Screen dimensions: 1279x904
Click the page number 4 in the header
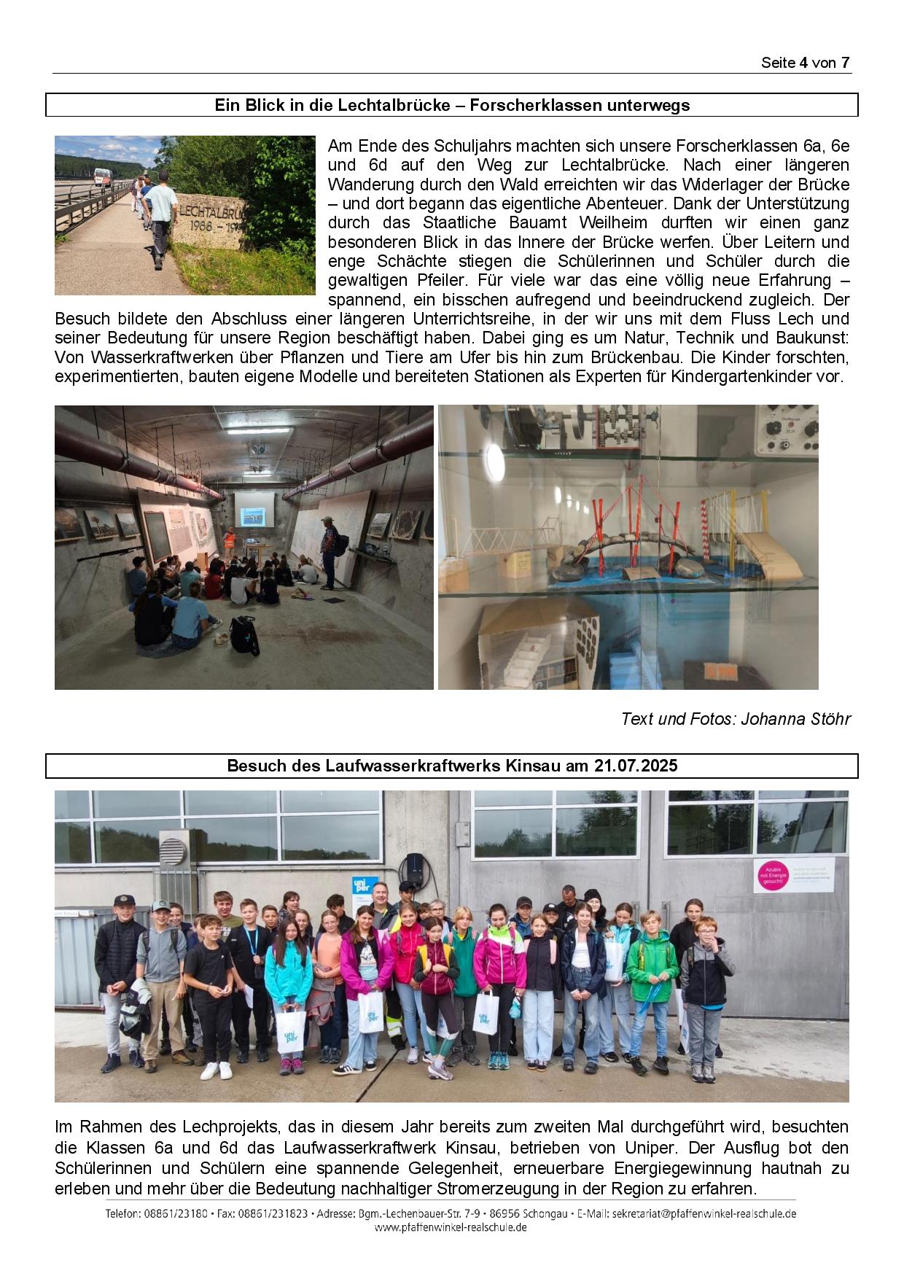click(x=803, y=63)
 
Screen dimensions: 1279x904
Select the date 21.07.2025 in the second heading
click(x=636, y=766)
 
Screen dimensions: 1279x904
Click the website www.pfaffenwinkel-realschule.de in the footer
click(x=451, y=1227)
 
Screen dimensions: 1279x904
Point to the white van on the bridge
click(x=101, y=178)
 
